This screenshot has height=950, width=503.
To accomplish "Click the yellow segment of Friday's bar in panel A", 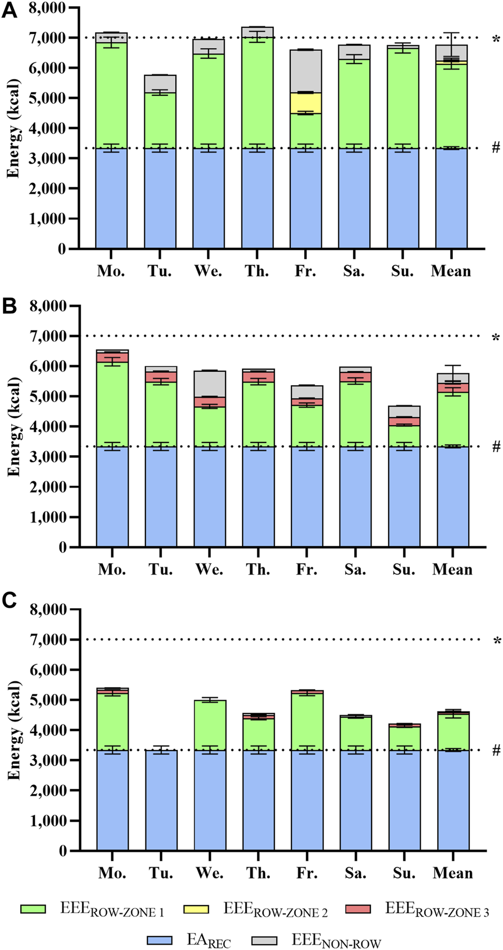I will [306, 103].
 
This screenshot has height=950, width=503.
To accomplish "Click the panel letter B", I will [9, 306].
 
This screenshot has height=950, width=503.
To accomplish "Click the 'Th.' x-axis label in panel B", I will [258, 569].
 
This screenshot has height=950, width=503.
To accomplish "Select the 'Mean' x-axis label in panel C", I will [452, 873].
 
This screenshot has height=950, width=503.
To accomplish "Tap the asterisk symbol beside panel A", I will [497, 39].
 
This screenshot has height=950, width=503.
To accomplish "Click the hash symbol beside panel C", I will [496, 750].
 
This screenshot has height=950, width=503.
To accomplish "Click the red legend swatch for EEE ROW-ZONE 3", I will [358, 909].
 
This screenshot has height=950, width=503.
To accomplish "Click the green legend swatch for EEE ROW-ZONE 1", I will [33, 909].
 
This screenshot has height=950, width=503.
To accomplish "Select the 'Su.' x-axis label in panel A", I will [403, 271].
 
